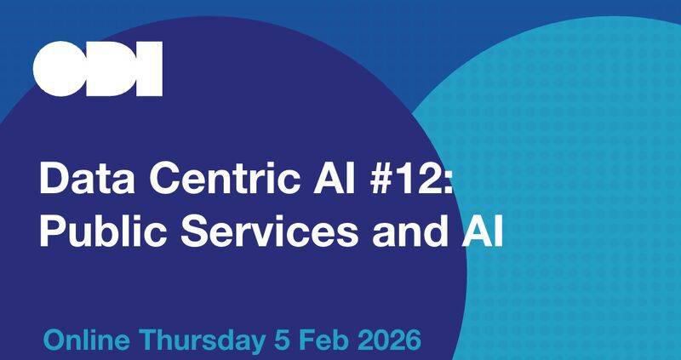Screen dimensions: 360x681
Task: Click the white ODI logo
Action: click(x=97, y=69)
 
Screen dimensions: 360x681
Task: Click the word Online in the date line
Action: click(x=87, y=342)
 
